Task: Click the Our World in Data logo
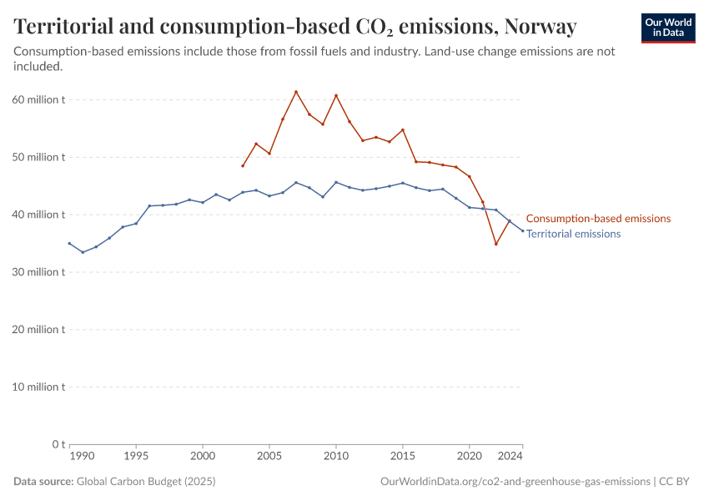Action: (667, 28)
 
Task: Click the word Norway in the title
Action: (541, 27)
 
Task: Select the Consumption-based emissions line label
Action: (598, 219)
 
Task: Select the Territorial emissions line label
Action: (573, 234)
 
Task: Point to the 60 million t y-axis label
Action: (39, 99)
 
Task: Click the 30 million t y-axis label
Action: (39, 272)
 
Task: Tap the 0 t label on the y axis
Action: (58, 444)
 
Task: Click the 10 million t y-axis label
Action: (39, 387)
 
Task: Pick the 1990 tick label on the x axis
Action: (82, 457)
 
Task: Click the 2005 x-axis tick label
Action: (269, 457)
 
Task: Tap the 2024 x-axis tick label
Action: (510, 457)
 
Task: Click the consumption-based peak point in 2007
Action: (296, 92)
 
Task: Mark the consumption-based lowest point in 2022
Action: (496, 244)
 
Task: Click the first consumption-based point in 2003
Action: (243, 165)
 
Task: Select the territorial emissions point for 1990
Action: (69, 243)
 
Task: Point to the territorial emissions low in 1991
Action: (83, 252)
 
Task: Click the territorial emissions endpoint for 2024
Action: (523, 230)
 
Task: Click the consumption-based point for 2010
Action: (336, 95)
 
